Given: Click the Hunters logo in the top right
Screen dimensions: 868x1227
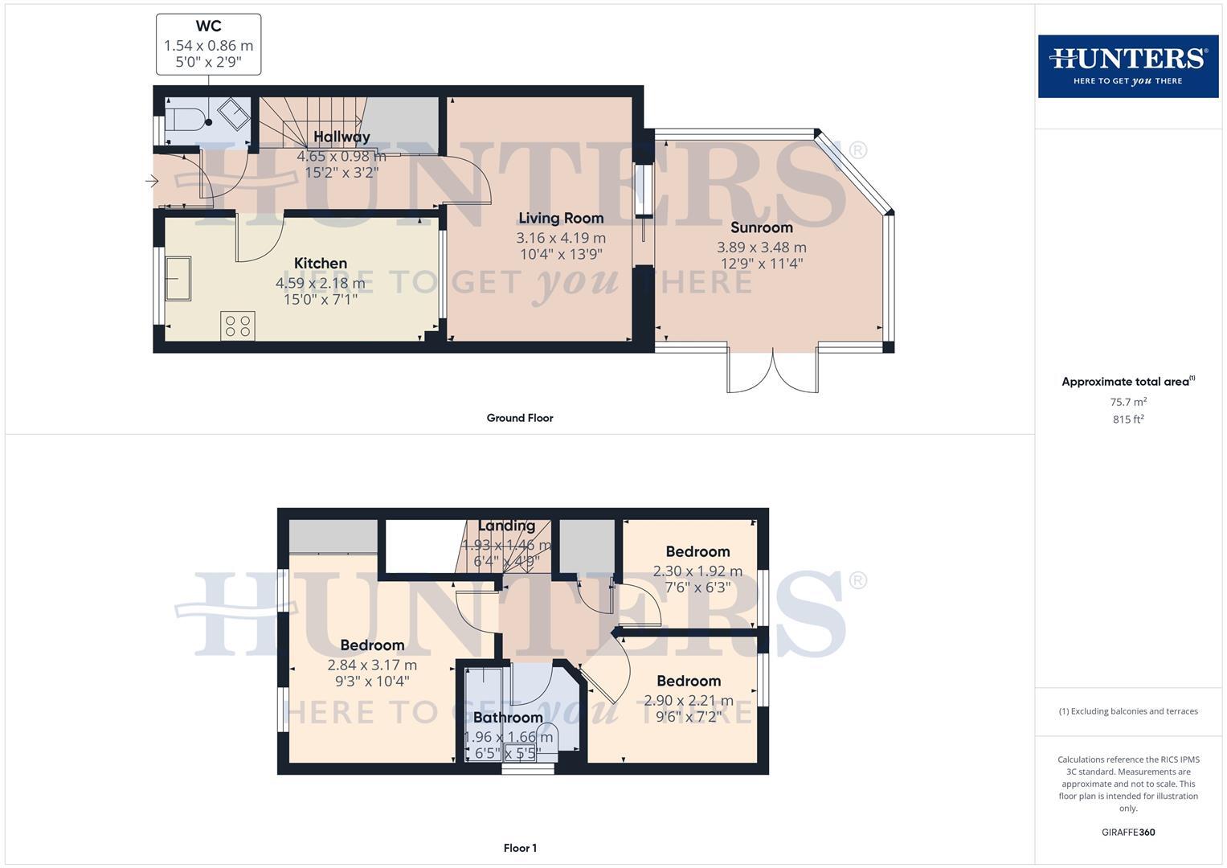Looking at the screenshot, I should coord(1127,66).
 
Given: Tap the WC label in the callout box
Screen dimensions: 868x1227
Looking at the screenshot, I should coord(208,27).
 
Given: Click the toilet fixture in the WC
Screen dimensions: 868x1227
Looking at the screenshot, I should coord(188,118).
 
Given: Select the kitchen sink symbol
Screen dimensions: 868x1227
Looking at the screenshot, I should coord(178,278).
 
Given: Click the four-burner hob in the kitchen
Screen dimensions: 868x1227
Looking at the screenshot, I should coord(237,325).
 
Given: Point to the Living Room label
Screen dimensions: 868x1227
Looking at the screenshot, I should coord(560,218).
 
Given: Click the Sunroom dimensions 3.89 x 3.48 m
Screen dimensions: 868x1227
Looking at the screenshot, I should coord(761,248).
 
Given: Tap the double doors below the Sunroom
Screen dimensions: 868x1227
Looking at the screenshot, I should coord(773,371).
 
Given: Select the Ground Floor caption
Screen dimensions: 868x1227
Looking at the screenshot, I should coord(519,418).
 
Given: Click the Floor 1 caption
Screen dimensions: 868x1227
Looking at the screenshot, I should coord(519,848).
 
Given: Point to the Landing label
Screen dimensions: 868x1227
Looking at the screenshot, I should coord(506,526).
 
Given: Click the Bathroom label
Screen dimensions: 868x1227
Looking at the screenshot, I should coord(507,718).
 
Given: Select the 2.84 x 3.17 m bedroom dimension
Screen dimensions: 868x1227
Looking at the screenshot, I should coord(372,665).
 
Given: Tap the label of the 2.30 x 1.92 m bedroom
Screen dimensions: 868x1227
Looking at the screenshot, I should coord(697,551).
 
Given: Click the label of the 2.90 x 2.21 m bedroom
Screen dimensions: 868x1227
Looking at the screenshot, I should coord(688,681).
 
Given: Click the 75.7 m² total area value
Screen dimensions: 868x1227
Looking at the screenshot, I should coord(1128,402).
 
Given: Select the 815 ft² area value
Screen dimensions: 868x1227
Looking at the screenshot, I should coord(1128,420).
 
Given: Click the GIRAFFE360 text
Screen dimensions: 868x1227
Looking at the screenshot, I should coord(1128,833).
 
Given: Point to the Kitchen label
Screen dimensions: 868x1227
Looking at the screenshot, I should coord(320,263).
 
